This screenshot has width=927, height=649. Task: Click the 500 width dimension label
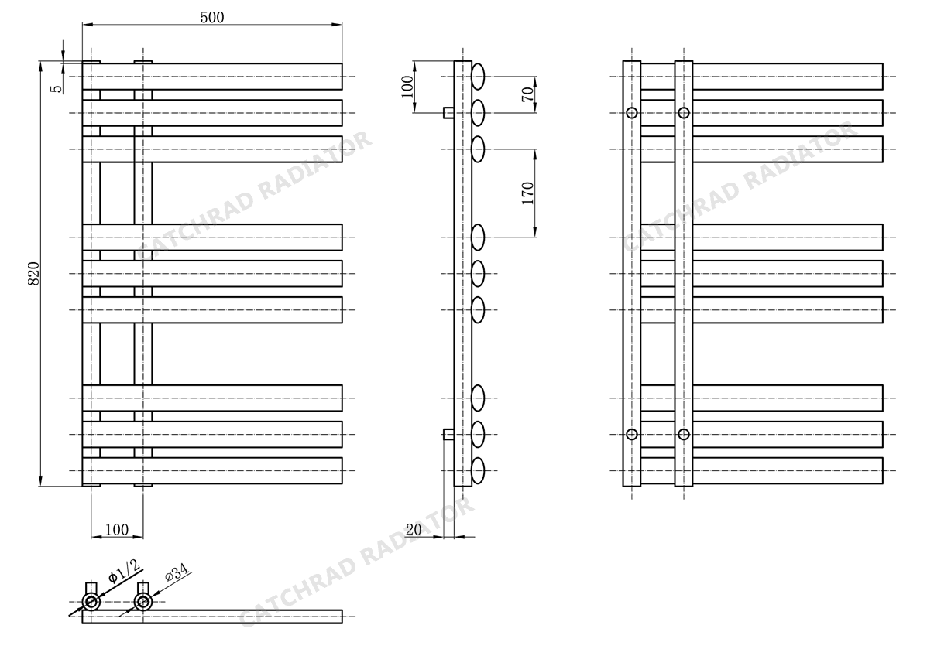tap(212, 17)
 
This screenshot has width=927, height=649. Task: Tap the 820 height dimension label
tap(34, 273)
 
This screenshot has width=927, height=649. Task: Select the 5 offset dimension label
tap(57, 89)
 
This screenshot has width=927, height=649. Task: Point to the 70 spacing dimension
tap(527, 94)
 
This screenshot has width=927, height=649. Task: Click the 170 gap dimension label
tap(527, 193)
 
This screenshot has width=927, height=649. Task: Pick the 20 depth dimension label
tap(414, 530)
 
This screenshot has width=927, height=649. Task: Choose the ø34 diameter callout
tap(177, 573)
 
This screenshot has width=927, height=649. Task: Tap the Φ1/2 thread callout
tap(125, 570)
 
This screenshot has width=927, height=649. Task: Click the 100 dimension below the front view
tap(116, 529)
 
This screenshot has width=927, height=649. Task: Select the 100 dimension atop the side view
tap(408, 87)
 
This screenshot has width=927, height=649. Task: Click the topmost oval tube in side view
tap(479, 77)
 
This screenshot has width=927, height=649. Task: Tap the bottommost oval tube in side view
tap(479, 470)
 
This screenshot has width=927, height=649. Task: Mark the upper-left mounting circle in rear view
tap(632, 113)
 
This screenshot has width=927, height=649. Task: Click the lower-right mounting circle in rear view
tap(684, 435)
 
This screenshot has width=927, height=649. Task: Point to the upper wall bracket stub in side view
tap(448, 113)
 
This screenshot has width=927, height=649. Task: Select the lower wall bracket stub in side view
tap(448, 435)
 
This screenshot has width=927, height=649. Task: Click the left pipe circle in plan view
tap(91, 603)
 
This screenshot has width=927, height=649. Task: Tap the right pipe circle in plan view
tap(143, 603)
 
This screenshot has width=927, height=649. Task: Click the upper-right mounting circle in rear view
tap(684, 113)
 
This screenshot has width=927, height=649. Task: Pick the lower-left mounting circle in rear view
tap(632, 435)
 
